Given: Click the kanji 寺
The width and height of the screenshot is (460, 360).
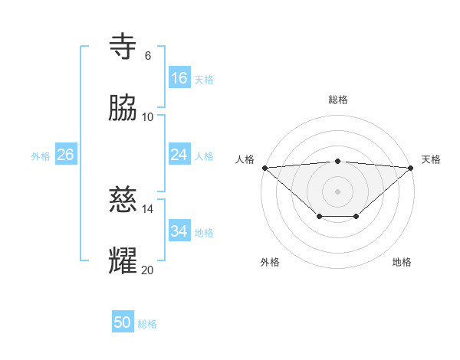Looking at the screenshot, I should click(x=124, y=48).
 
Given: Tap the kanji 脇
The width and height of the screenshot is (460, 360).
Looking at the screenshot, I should click(x=124, y=108).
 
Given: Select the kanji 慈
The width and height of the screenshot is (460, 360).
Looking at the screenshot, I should click(x=124, y=201).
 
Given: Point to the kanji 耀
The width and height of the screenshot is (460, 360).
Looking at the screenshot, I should click(x=124, y=260).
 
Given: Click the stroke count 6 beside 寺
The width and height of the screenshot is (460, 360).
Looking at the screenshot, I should click(x=148, y=56).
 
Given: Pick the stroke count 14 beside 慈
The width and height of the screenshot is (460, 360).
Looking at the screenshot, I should click(x=148, y=209).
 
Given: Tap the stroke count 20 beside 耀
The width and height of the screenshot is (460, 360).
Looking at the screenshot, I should click(x=148, y=269).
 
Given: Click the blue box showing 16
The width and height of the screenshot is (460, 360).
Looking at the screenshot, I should click(x=179, y=78).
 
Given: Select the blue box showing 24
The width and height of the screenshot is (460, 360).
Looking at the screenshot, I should click(x=179, y=155).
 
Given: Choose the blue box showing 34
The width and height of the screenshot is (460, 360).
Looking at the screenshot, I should click(x=179, y=231).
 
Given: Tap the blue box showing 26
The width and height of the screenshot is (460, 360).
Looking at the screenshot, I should click(x=65, y=155).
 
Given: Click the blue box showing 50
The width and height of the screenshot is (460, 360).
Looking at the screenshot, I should click(x=123, y=323).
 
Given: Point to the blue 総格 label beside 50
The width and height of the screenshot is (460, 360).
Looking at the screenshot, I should click(x=147, y=324).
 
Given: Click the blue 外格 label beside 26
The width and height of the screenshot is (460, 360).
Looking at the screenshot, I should click(x=41, y=156).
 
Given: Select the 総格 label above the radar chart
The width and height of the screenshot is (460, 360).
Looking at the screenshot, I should click(x=338, y=100).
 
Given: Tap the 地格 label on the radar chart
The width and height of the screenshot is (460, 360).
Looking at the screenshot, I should click(x=402, y=263).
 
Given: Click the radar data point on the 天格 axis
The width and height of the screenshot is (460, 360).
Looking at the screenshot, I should click(x=412, y=167).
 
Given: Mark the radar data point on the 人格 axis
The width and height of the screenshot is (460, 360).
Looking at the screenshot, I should click(x=264, y=167).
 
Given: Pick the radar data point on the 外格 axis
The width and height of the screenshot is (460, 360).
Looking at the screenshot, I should click(x=320, y=218).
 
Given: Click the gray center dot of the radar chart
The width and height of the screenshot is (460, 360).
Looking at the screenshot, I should click(x=338, y=191).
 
